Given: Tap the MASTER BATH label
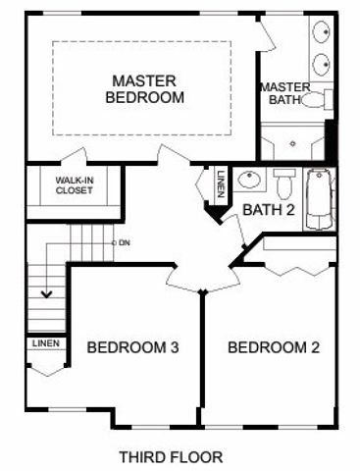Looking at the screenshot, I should [x=283, y=93].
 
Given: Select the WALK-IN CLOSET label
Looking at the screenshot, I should [x=74, y=185].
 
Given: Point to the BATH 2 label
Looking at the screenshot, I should [x=268, y=209].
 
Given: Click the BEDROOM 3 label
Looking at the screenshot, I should [x=132, y=347].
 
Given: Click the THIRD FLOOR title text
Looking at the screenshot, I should [x=171, y=456].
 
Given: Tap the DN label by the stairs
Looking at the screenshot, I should [x=125, y=241].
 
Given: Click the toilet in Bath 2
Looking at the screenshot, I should [x=284, y=183].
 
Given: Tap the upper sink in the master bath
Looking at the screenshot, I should [x=323, y=31].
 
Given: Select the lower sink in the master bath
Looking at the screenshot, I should [x=323, y=66].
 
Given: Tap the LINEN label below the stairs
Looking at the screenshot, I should [x=45, y=343].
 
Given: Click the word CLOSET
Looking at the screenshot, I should [x=74, y=190].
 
